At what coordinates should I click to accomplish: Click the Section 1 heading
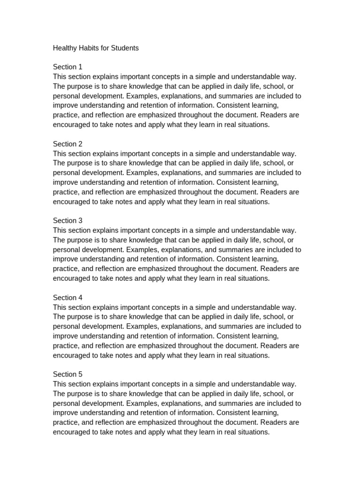[67, 67]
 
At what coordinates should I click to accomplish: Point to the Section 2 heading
[67, 144]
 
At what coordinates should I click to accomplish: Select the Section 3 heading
[67, 221]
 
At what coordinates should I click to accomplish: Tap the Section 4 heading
[67, 298]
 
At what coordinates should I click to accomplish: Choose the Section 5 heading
[67, 375]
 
